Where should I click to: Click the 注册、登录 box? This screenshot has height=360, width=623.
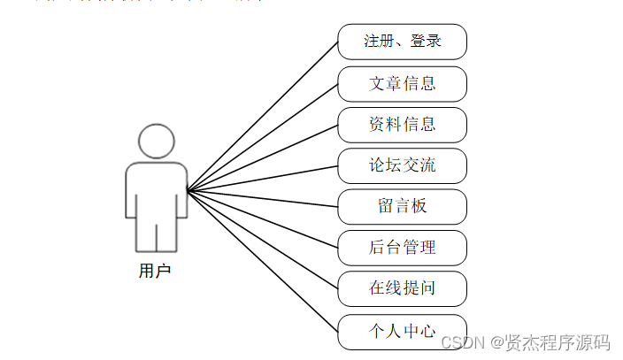[402, 42]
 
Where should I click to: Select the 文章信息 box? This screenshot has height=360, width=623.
[402, 84]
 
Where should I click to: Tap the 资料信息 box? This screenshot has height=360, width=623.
[402, 125]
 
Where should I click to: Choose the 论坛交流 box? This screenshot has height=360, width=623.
[402, 165]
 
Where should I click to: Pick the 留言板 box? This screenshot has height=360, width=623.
[402, 206]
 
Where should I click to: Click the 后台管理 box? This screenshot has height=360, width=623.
[402, 248]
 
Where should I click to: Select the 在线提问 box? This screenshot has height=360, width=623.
[402, 288]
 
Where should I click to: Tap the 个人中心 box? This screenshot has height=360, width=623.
[402, 331]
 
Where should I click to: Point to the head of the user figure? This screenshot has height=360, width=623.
[156, 142]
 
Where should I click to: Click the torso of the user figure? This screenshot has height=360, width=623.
[156, 190]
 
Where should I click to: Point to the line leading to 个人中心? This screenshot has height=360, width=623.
[263, 262]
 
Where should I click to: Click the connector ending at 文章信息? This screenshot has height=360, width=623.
[263, 137]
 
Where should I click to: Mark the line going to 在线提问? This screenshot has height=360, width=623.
[263, 240]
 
